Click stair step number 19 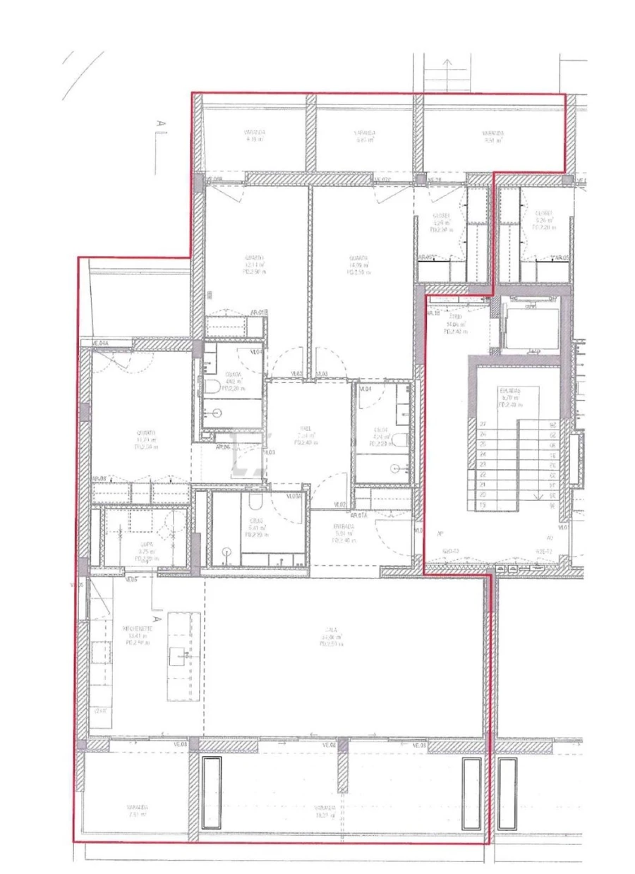[x=483, y=505]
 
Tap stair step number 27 [x=483, y=425]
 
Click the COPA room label [x=147, y=544]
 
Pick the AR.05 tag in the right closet [x=561, y=258]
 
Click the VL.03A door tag [x=294, y=497]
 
